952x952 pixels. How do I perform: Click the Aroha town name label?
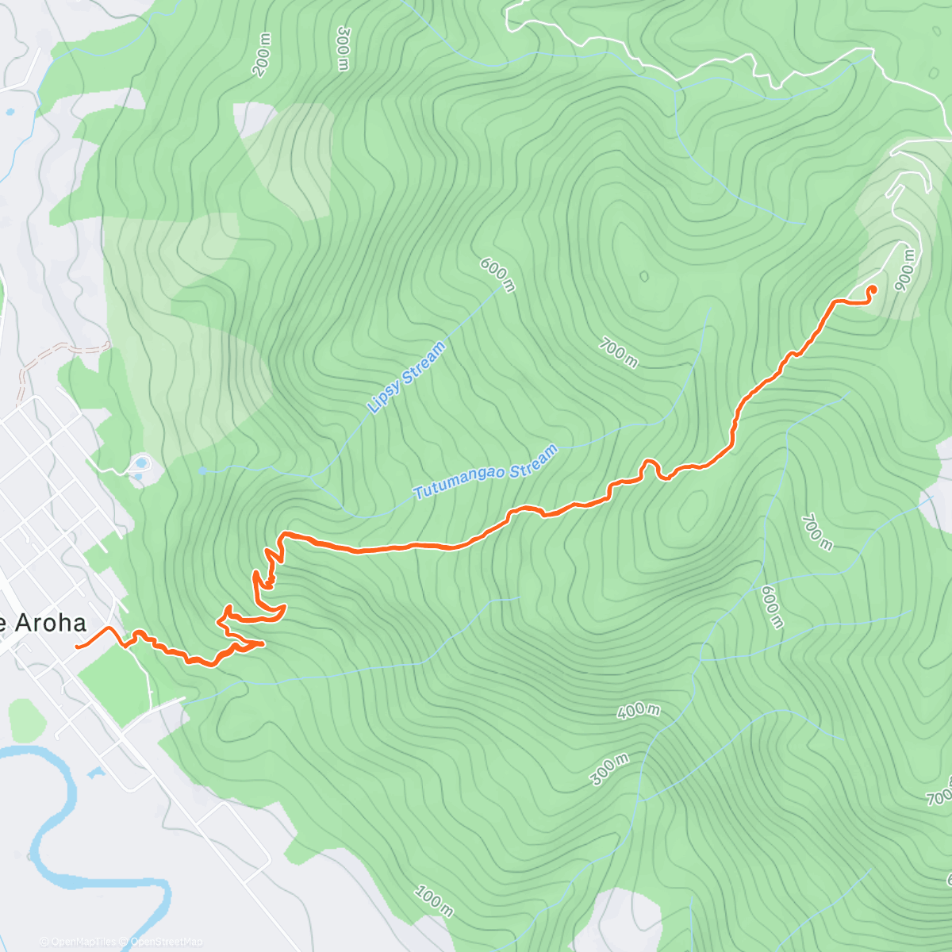44,623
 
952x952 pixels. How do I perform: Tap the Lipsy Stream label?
407,378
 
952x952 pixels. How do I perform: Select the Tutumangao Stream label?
486,472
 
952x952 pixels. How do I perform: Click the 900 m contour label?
905,270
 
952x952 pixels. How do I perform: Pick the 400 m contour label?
639,710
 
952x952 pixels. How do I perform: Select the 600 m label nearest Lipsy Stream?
498,274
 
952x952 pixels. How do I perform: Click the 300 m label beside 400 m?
609,769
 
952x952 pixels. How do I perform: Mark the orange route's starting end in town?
77,647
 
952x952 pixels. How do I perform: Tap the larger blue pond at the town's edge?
141,463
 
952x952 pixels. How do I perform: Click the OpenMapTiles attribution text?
80,942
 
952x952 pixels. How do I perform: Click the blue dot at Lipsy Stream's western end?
202,470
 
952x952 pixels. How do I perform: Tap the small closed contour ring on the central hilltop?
643,276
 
